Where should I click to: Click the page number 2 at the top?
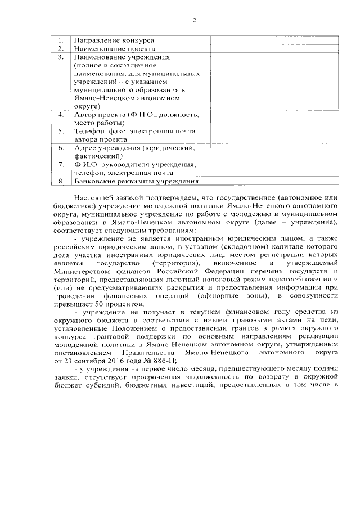pyautogui.click(x=194, y=21)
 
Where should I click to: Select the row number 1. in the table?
pyautogui.click(x=61, y=40)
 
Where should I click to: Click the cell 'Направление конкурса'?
pyautogui.click(x=114, y=40)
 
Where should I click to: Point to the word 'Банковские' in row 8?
pyautogui.click(x=95, y=181)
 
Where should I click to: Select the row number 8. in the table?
pyautogui.click(x=61, y=181)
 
